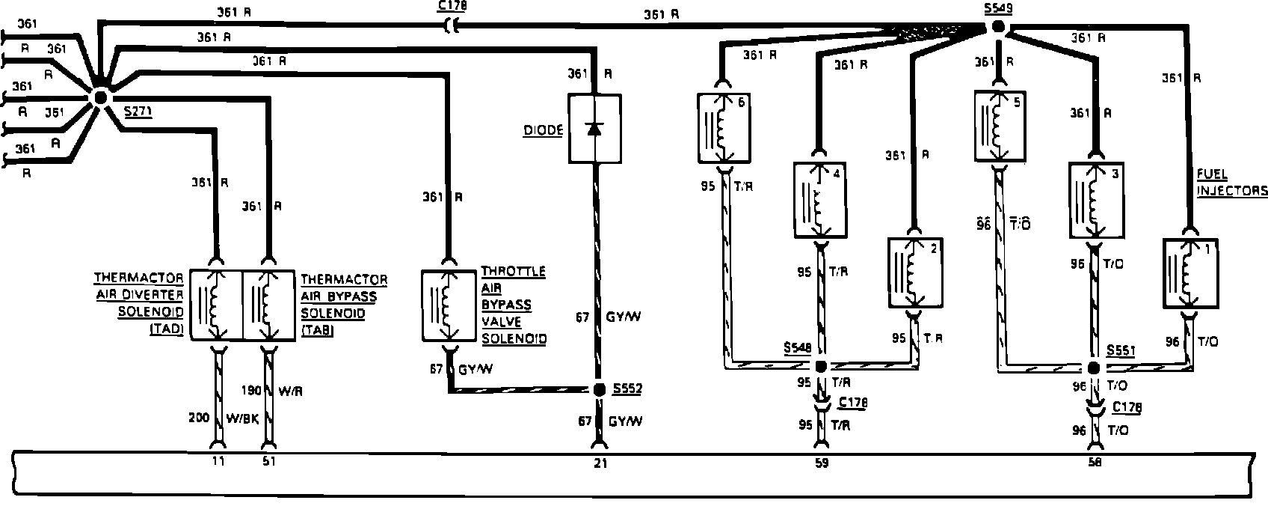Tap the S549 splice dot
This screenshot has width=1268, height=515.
[998, 28]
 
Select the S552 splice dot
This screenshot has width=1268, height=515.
[599, 389]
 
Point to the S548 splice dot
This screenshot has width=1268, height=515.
[821, 367]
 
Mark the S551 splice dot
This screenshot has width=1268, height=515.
[1093, 368]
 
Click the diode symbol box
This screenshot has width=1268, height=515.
[594, 128]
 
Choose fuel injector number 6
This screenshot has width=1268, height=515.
[723, 127]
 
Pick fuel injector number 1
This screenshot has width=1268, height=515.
[1190, 273]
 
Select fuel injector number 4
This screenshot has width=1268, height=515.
[820, 201]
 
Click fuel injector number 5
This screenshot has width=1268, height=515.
[998, 125]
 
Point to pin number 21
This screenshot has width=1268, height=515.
[600, 463]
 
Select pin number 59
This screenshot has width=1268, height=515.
[822, 463]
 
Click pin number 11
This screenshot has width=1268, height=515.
[218, 462]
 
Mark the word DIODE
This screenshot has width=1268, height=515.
[542, 129]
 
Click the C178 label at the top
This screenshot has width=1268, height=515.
[449, 7]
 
